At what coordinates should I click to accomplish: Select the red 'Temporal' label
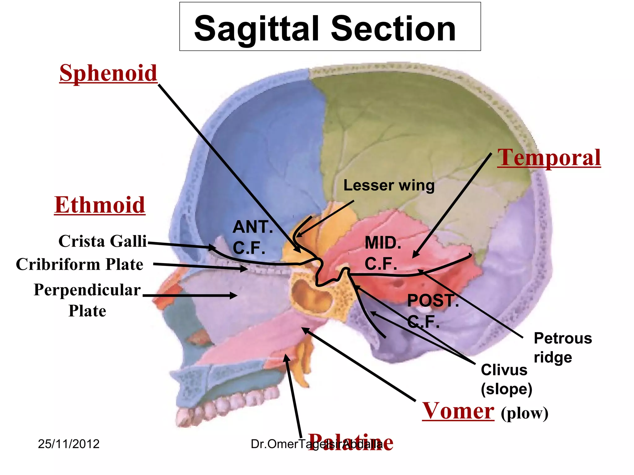(549, 157)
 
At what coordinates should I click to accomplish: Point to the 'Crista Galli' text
(102, 241)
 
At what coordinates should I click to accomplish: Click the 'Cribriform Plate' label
(80, 264)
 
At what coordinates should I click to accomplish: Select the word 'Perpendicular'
(87, 290)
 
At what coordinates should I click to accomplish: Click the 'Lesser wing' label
(389, 186)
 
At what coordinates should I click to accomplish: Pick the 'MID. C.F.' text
(383, 253)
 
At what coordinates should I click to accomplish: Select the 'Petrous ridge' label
(562, 348)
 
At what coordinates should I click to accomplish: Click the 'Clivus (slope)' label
(506, 379)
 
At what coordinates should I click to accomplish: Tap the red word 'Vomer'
(458, 411)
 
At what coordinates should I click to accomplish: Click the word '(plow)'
(524, 413)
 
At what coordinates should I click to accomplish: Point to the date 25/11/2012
(69, 444)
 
